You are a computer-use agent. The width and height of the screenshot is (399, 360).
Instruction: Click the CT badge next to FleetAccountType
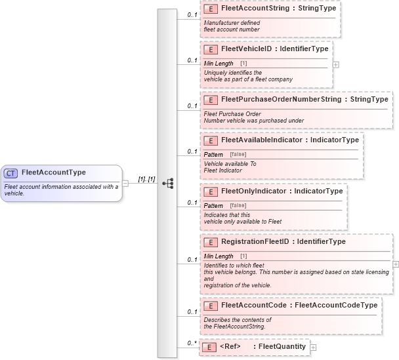point(11,173)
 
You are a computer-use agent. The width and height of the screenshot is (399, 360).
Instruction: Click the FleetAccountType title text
point(53,173)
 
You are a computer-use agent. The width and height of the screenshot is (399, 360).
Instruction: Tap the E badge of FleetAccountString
point(211,10)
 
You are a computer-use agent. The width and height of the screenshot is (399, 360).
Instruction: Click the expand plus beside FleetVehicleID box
point(336,64)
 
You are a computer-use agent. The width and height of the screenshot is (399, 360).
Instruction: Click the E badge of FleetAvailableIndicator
point(211,140)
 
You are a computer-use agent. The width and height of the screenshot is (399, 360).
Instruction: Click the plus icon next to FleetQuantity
point(313,348)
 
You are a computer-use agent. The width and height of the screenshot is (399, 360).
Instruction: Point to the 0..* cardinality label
point(192,343)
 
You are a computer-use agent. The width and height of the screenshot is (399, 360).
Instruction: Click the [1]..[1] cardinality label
point(146,178)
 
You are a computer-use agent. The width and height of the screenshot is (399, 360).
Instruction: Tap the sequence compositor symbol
point(167,183)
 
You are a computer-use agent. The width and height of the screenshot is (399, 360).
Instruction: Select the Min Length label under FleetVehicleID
point(219,63)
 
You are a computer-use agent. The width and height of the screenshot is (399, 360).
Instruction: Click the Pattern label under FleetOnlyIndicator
point(214,205)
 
